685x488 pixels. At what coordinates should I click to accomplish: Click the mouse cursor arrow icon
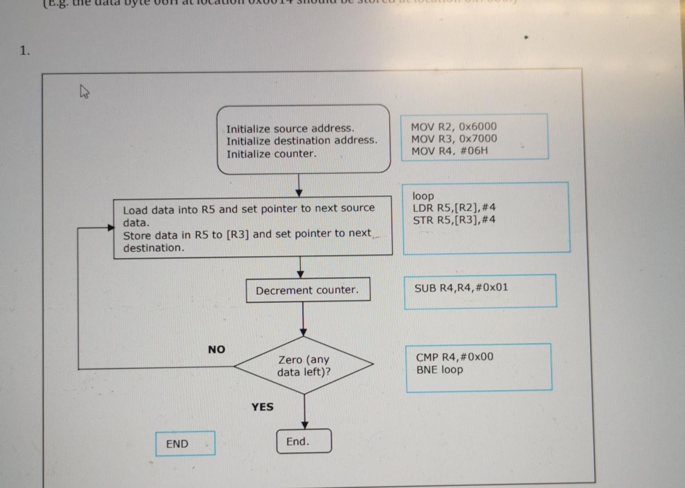84,92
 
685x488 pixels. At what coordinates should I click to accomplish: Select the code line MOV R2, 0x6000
453,126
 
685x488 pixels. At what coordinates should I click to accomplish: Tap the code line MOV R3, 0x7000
453,139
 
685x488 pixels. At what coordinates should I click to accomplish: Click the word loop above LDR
423,196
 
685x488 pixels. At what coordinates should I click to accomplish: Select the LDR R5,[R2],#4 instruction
454,208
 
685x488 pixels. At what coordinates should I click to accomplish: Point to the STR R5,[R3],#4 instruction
454,220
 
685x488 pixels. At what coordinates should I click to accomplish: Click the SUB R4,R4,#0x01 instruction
461,288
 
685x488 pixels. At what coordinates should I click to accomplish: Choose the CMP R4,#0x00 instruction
454,357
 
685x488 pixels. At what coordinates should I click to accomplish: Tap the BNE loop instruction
439,370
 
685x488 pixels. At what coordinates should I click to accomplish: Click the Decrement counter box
308,290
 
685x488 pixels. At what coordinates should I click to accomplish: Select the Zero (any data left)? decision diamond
304,365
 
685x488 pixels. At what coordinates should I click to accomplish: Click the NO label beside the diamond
217,349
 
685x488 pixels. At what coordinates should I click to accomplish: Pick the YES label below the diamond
262,407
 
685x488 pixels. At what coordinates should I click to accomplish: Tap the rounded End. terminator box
304,441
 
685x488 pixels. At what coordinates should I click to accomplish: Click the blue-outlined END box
185,443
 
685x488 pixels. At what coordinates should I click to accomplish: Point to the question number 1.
25,51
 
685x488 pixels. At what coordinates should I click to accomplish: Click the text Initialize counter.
271,154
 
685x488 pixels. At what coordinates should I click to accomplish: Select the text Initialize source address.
290,128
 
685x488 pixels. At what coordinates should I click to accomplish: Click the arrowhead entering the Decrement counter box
301,274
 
